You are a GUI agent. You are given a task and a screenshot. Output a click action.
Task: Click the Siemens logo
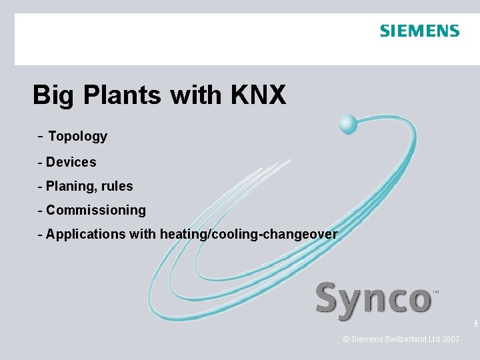point(419,31)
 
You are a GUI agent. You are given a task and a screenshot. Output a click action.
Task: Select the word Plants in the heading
point(123,95)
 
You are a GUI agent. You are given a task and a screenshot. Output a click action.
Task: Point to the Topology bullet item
point(77,137)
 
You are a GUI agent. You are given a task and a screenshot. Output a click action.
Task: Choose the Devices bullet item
point(71,162)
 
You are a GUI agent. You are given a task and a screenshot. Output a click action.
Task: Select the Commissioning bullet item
point(95,210)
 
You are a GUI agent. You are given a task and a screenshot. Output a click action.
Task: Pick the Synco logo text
point(373,299)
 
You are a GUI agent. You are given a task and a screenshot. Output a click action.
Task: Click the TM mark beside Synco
point(436,292)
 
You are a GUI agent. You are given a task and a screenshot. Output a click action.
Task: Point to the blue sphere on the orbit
point(348,124)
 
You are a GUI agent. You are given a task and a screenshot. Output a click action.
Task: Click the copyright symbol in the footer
point(346,339)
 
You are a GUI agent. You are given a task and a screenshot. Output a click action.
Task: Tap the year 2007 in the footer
point(450,339)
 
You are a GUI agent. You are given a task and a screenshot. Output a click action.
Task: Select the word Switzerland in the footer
point(405,339)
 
